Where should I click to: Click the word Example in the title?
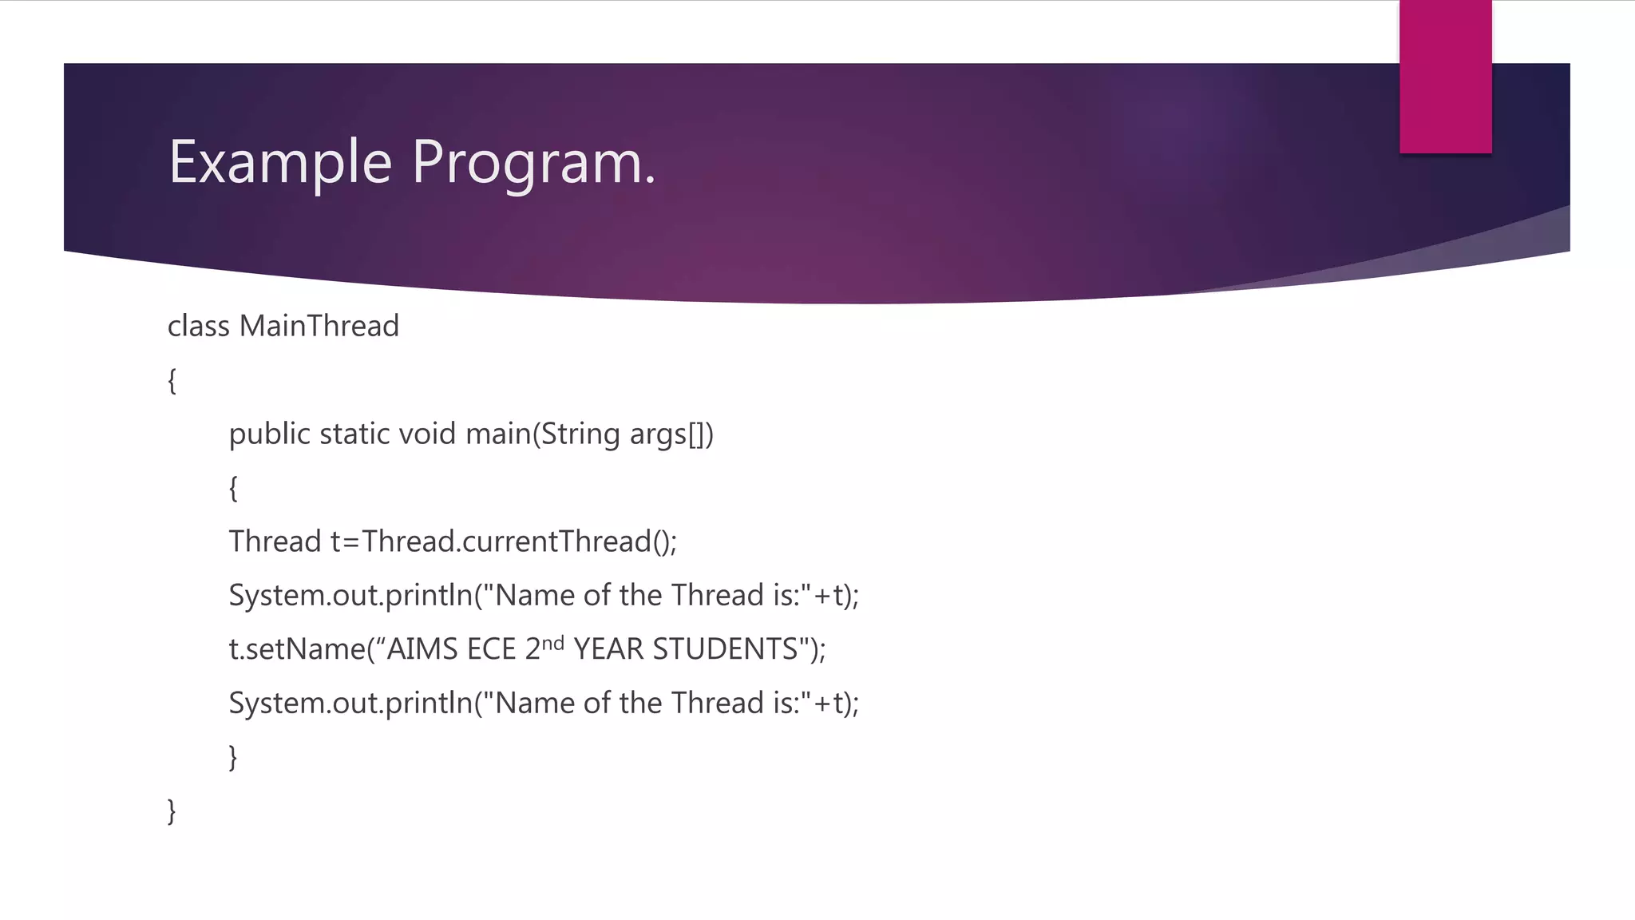pyautogui.click(x=280, y=162)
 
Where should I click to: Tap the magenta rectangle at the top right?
pyautogui.click(x=1445, y=77)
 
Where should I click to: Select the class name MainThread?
pyautogui.click(x=319, y=327)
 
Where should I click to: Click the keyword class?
pyautogui.click(x=198, y=327)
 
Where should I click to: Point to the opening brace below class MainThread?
pyautogui.click(x=172, y=381)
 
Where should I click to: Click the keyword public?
pyautogui.click(x=269, y=434)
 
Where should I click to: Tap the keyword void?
pyautogui.click(x=427, y=434)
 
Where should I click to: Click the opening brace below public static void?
pyautogui.click(x=233, y=488)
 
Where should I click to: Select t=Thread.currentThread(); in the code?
pyautogui.click(x=504, y=542)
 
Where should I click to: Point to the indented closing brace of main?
pyautogui.click(x=233, y=757)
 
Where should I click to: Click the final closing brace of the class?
pyautogui.click(x=172, y=811)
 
